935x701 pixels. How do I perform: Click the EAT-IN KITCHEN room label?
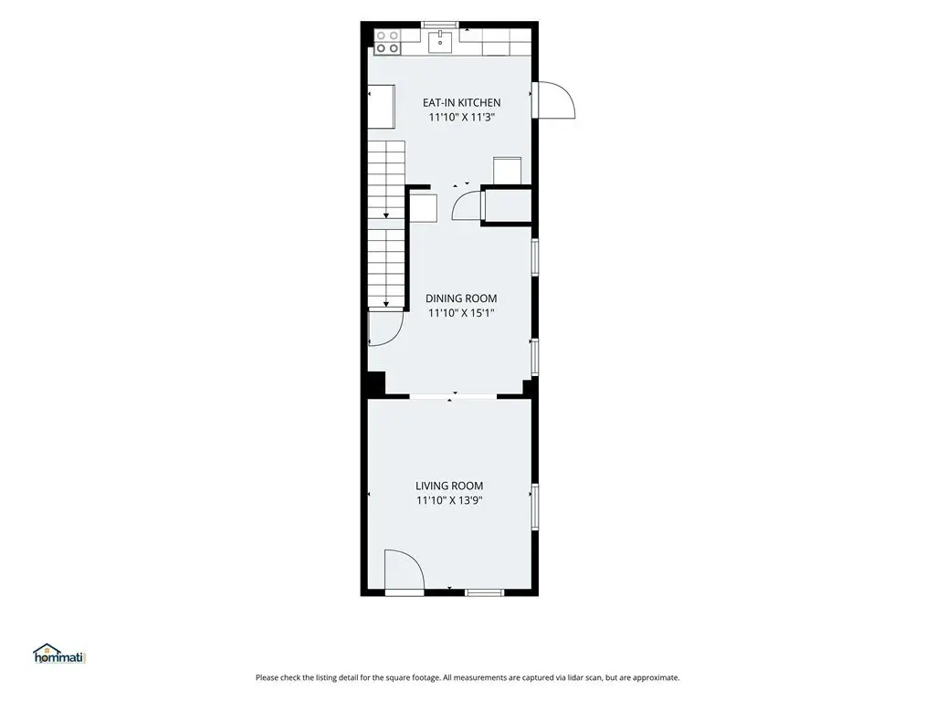click(x=461, y=102)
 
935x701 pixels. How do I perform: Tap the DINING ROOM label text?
click(x=461, y=298)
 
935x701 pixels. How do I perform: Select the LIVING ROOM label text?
click(x=449, y=486)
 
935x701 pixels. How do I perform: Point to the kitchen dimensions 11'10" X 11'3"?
click(x=461, y=118)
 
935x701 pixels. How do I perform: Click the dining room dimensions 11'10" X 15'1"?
click(x=461, y=313)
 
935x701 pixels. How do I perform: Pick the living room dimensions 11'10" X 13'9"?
click(x=449, y=501)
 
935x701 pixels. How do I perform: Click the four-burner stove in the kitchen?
click(x=387, y=42)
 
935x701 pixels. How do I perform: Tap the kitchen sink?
click(x=441, y=40)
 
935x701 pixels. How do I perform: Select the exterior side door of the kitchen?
click(x=553, y=100)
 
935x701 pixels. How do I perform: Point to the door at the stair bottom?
click(x=385, y=328)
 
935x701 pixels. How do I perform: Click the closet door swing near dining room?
click(x=467, y=204)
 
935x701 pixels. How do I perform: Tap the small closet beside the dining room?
click(x=506, y=206)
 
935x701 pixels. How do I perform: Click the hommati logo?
click(x=59, y=654)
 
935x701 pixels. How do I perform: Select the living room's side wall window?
click(x=535, y=507)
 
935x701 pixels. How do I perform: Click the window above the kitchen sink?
click(x=440, y=25)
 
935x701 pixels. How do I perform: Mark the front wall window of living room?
click(x=484, y=592)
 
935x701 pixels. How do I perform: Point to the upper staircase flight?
click(x=386, y=180)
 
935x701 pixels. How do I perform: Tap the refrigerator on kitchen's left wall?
click(x=381, y=107)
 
